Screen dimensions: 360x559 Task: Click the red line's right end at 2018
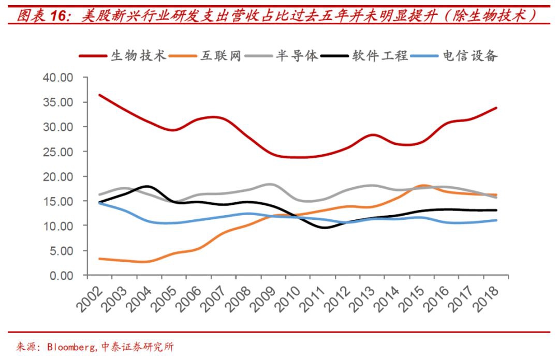496,108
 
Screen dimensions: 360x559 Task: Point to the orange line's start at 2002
99,259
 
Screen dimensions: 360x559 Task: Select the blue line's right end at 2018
496,220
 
